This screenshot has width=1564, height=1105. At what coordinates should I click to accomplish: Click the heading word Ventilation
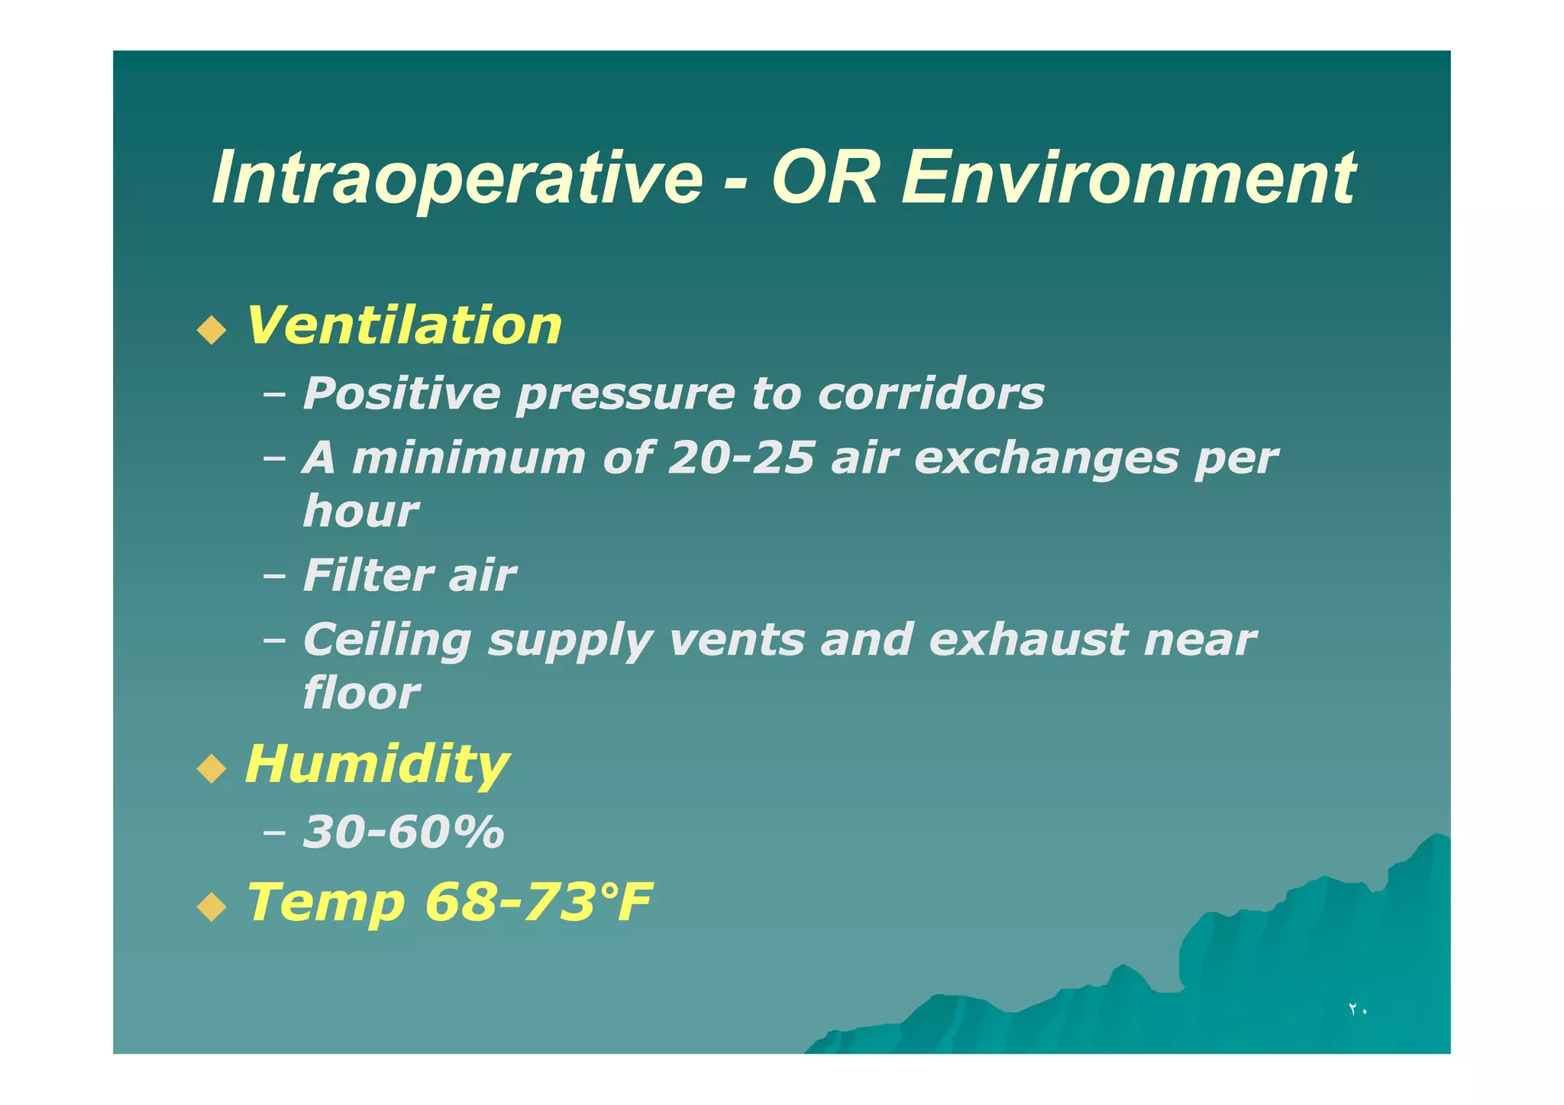(404, 325)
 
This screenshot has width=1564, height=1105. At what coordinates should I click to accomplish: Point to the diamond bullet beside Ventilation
(212, 330)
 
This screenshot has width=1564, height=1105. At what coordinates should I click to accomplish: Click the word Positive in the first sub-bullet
(402, 393)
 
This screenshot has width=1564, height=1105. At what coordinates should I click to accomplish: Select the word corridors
(930, 393)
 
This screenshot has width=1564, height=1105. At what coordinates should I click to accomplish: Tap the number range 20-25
(741, 458)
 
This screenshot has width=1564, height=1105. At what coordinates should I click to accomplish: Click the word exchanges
(1045, 458)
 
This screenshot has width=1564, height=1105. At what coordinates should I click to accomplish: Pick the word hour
(360, 511)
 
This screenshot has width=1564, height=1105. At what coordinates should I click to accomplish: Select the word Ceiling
(386, 640)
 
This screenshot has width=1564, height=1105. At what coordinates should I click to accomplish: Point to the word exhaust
(1027, 640)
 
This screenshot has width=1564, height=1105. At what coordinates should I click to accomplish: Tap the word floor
(360, 693)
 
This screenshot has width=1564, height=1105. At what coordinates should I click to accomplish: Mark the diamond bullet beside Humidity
(212, 767)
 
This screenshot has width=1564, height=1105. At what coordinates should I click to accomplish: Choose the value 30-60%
(403, 831)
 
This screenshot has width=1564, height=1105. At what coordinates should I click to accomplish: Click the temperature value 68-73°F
(538, 902)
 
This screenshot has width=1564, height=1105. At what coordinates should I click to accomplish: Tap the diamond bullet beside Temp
(212, 907)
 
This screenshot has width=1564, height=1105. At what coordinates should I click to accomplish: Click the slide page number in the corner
(1357, 1010)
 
